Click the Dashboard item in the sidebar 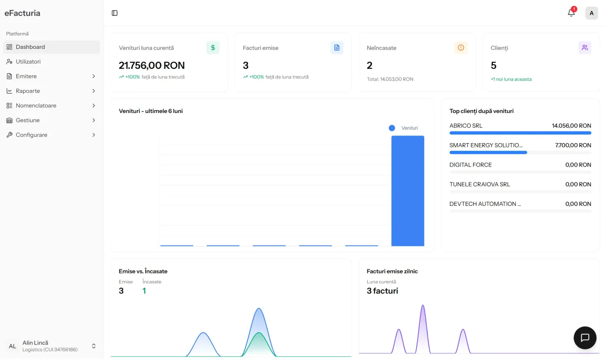30,47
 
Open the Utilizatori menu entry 28,62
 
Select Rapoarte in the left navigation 28,91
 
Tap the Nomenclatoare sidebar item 36,106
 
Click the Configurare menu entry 32,135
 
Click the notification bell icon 571,13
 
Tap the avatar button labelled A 591,13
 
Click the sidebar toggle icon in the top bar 114,13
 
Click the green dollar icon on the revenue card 213,48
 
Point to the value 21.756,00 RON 152,66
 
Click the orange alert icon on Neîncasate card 461,48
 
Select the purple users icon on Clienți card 585,48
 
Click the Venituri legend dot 392,128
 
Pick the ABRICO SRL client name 466,126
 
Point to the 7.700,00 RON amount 573,145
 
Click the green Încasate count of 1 144,291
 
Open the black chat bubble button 585,337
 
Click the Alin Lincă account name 35,343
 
